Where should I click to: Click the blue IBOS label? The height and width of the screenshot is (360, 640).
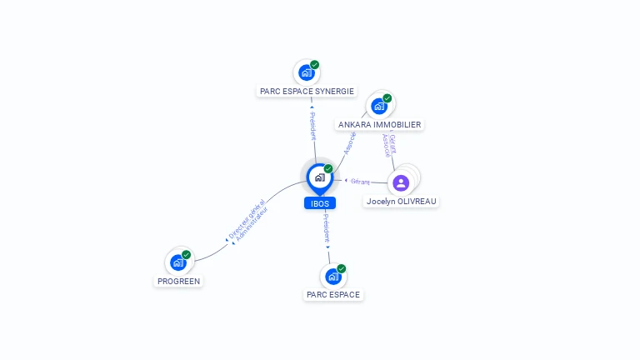(320, 203)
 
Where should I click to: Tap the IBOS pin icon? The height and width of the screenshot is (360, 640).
(320, 177)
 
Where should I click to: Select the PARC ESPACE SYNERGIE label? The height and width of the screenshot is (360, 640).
(307, 92)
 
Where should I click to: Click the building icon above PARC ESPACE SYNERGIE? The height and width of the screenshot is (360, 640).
(306, 72)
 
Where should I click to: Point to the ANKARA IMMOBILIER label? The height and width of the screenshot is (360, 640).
(379, 124)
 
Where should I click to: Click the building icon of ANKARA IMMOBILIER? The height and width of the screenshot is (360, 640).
(379, 106)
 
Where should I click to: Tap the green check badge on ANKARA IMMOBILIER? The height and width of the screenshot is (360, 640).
(387, 97)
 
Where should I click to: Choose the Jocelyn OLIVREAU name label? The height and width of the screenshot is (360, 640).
(402, 201)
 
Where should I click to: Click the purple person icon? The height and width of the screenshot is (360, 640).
(401, 182)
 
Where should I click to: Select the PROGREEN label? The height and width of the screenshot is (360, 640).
(179, 281)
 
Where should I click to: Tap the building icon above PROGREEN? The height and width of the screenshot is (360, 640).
(177, 262)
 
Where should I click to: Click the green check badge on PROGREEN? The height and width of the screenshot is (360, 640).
(187, 254)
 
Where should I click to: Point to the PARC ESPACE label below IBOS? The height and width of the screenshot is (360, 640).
(333, 294)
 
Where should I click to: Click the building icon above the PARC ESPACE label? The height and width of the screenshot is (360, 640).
(332, 276)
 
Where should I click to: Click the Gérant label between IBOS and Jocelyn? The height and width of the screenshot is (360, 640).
(360, 181)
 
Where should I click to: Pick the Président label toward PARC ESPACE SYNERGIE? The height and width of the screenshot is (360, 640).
(312, 126)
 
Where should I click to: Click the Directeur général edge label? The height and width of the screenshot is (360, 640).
(246, 220)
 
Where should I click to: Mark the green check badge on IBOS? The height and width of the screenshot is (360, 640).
(328, 169)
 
